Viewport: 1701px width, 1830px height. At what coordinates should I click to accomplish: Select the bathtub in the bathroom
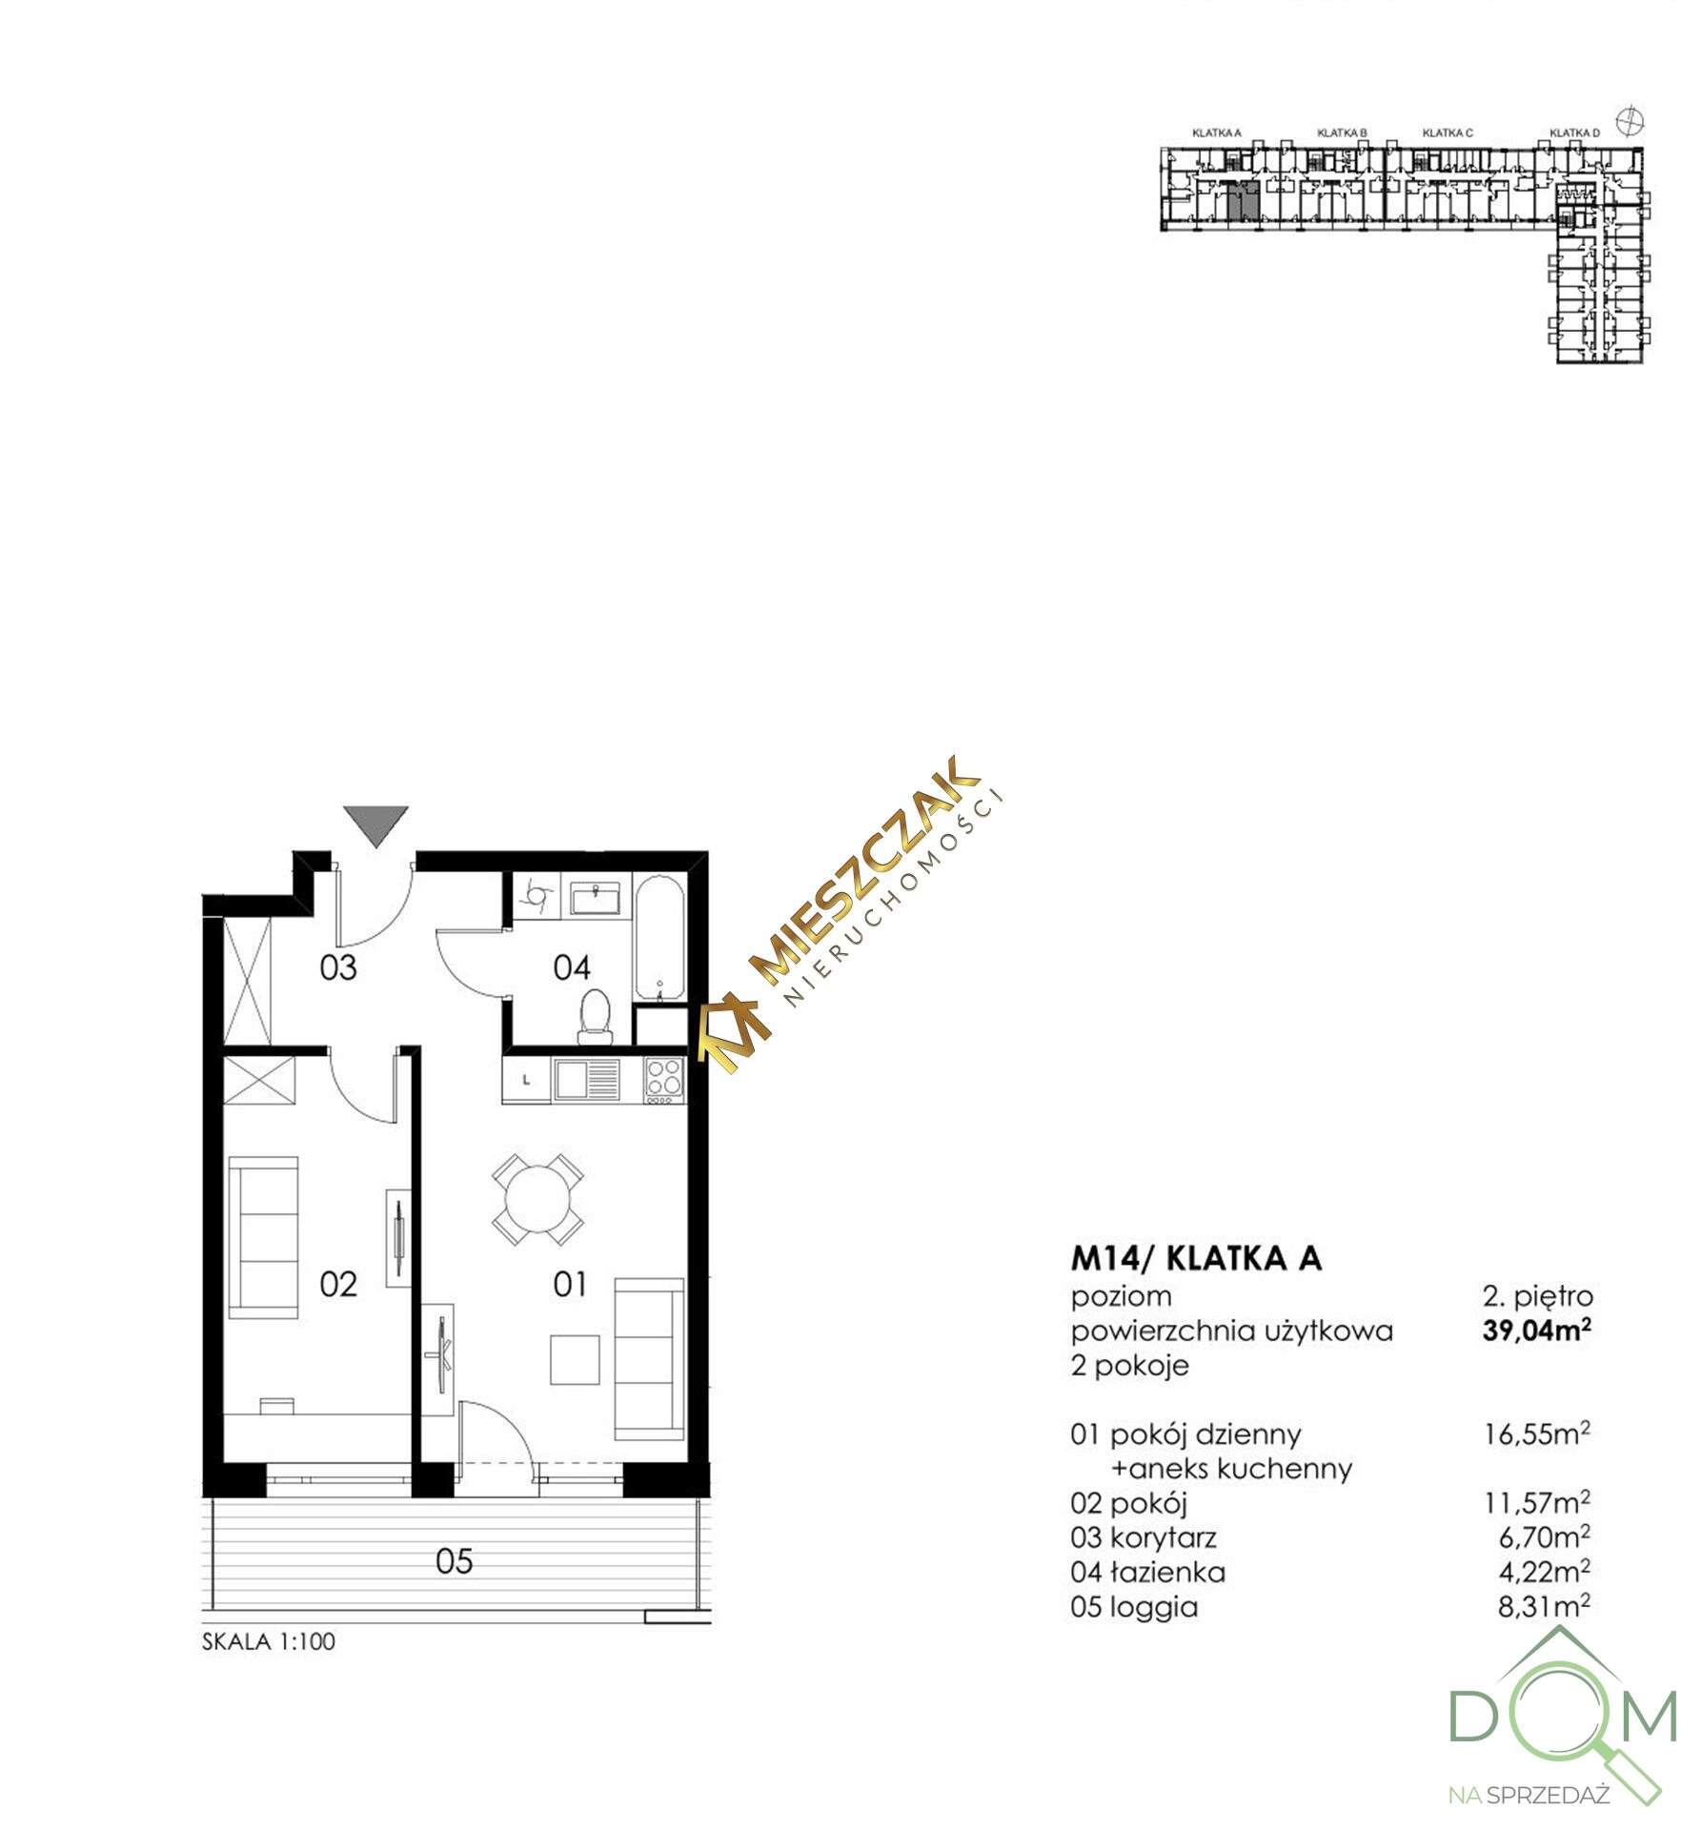(658, 940)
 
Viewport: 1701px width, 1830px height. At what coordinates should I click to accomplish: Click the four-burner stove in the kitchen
(664, 1081)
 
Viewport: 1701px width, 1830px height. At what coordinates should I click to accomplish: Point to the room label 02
(338, 1285)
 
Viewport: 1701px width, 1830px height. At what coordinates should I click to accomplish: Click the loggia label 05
(455, 1561)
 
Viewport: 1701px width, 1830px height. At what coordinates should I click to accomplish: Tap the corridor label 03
(338, 967)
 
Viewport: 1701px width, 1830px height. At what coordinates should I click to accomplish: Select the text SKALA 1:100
(269, 1641)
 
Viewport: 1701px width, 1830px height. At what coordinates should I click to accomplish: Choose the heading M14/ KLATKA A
(1197, 1258)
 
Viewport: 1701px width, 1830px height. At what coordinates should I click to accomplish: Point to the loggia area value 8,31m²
(1544, 1606)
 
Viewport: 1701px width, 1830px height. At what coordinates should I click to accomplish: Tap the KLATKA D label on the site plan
(1574, 133)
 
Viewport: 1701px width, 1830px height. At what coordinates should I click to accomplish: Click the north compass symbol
(1630, 121)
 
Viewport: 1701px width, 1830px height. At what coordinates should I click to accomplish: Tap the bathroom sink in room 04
(596, 897)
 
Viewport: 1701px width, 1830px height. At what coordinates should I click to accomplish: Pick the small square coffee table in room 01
(575, 1360)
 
